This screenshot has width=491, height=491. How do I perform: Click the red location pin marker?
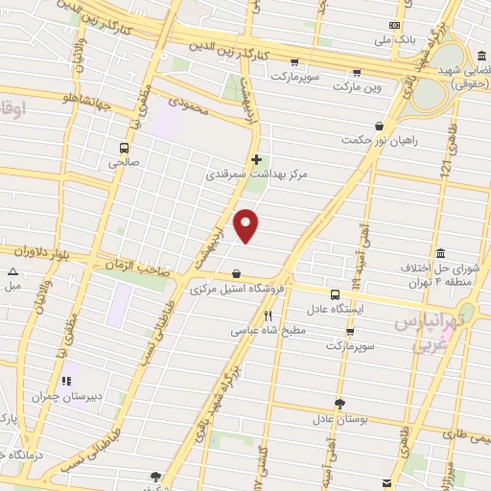pyautogui.click(x=246, y=224)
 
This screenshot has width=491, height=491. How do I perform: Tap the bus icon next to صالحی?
pyautogui.click(x=124, y=148)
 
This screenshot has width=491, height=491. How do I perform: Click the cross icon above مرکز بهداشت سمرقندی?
pyautogui.click(x=255, y=160)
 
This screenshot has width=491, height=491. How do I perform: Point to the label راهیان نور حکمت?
pyautogui.click(x=379, y=141)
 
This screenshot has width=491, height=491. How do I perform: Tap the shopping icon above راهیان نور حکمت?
pyautogui.click(x=380, y=126)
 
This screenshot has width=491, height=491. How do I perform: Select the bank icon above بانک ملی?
pyautogui.click(x=391, y=26)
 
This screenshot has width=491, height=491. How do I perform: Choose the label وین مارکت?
pyautogui.click(x=357, y=87)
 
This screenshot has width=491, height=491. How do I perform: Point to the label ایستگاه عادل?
pyautogui.click(x=335, y=310)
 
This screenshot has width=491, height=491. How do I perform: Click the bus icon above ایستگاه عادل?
pyautogui.click(x=335, y=294)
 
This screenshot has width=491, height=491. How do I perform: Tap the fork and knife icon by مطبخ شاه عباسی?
pyautogui.click(x=269, y=316)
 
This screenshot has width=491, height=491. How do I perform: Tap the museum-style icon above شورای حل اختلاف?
pyautogui.click(x=440, y=253)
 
